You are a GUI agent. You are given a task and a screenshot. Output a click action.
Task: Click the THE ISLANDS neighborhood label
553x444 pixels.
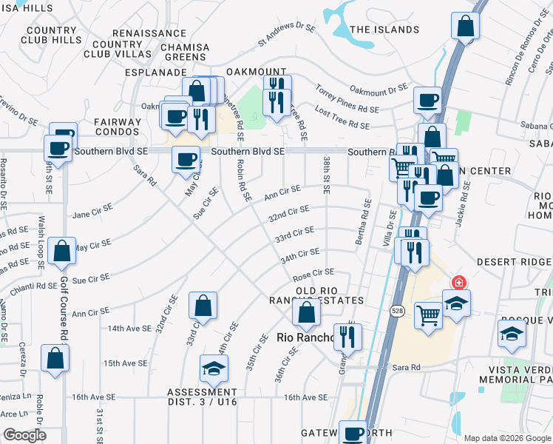(384, 30)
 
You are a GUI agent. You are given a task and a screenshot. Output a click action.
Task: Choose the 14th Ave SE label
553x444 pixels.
(130, 328)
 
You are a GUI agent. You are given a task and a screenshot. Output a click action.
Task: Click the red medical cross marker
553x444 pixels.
(458, 283)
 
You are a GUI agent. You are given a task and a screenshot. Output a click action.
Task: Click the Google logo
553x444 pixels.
(24, 435)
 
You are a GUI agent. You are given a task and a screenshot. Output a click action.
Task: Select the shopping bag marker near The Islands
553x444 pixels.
(465, 27)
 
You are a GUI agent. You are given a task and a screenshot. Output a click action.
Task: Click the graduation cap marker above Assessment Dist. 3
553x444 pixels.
(214, 368)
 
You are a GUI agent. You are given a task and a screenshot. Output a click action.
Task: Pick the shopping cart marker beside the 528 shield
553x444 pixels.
(428, 314)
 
